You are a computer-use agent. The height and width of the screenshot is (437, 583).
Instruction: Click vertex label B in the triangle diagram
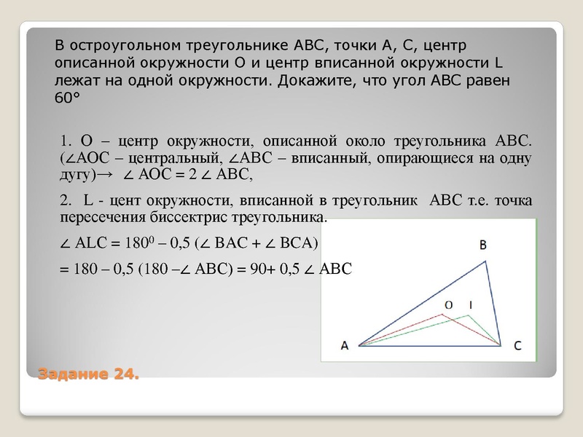[483, 246]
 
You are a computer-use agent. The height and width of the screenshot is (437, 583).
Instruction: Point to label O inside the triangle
[449, 304]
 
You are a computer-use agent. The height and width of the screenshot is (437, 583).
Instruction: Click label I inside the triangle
[470, 304]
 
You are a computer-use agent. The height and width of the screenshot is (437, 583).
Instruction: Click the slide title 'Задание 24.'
[87, 374]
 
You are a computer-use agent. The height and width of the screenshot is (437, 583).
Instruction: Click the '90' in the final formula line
[254, 269]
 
